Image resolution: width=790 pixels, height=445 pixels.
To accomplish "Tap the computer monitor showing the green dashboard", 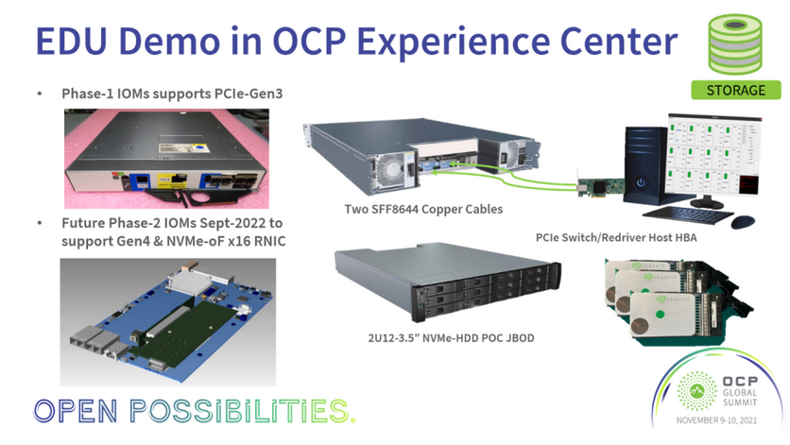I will pos(714,157).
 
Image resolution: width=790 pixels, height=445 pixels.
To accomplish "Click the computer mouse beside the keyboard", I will pos(743,221).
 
